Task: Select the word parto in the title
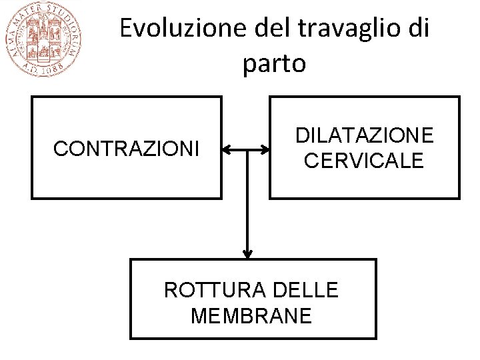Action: (274, 63)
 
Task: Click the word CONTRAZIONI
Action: (126, 149)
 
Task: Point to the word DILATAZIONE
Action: (364, 136)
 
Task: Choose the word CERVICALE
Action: (364, 161)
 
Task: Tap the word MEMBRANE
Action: (251, 315)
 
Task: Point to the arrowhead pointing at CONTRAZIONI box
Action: (226, 151)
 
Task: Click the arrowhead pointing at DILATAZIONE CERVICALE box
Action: (265, 151)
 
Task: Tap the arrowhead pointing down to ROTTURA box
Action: (247, 254)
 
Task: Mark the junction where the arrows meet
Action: (247, 151)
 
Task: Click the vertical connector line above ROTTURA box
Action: (247, 200)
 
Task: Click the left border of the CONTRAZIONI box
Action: (31, 147)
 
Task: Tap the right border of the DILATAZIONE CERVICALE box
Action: (459, 147)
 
